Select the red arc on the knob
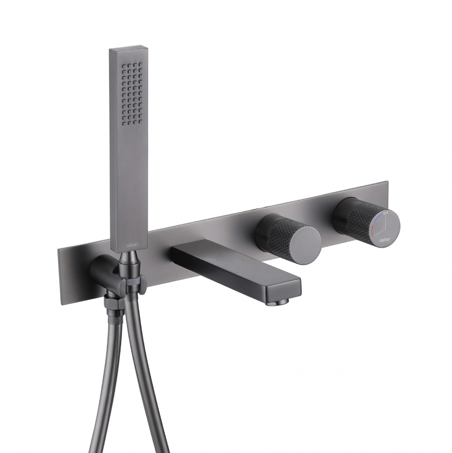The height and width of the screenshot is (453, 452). click(372, 231)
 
